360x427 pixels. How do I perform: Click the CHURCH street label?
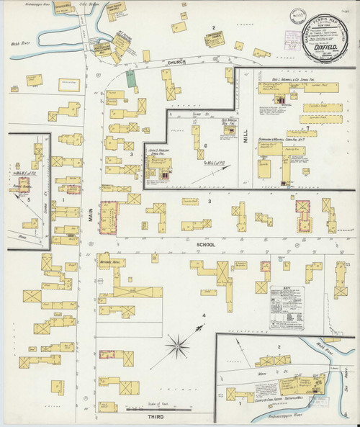click(178, 63)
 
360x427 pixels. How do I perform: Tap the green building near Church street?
click(130, 78)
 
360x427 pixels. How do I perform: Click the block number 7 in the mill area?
click(307, 129)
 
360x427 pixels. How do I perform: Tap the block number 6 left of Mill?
click(205, 146)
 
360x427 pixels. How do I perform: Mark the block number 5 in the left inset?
click(29, 199)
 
